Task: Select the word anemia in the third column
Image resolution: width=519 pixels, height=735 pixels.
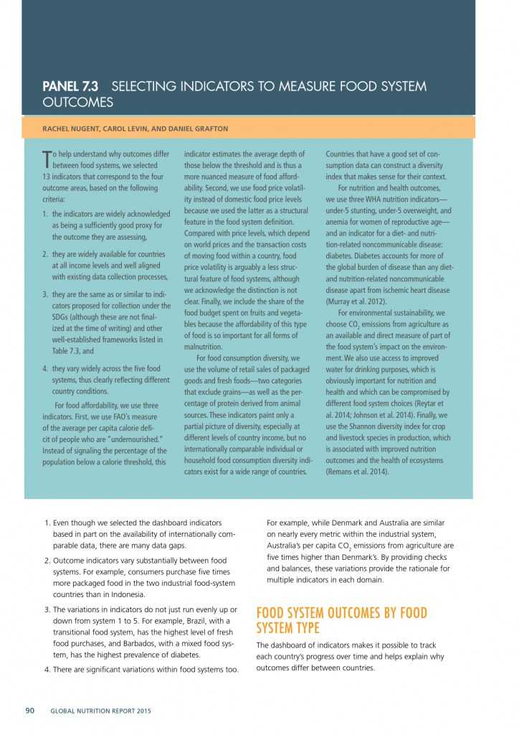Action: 340,223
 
